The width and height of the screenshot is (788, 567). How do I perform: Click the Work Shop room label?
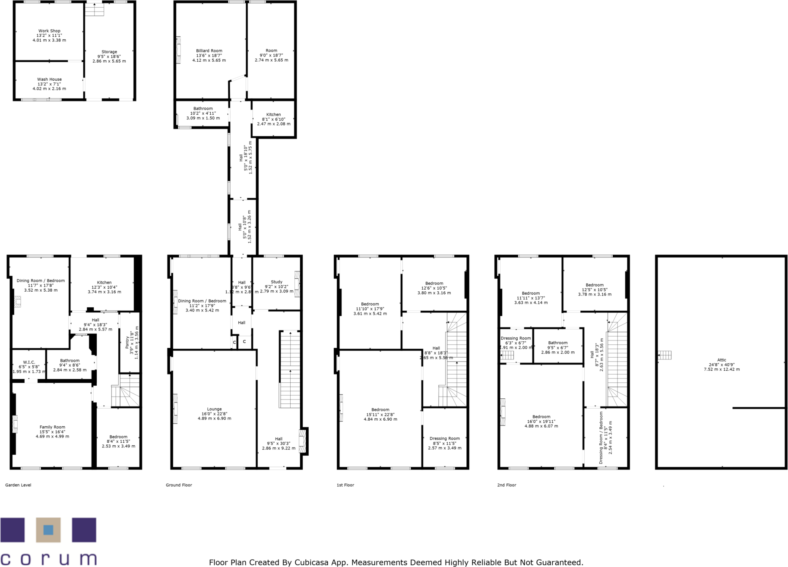(x=49, y=31)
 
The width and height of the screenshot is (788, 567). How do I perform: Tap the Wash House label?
(x=49, y=79)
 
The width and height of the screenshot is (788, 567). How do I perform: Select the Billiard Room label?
(x=209, y=51)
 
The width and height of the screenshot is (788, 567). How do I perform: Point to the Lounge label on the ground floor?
(x=214, y=409)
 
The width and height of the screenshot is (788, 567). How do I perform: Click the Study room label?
(x=276, y=282)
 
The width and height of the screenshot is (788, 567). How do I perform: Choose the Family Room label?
(x=52, y=427)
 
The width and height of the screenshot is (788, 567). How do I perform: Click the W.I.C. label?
(x=29, y=362)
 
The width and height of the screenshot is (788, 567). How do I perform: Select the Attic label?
(x=722, y=360)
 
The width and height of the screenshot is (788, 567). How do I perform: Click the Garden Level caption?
(x=18, y=485)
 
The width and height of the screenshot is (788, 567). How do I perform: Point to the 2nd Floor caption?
(x=506, y=485)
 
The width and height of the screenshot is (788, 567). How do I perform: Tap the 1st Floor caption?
(x=345, y=485)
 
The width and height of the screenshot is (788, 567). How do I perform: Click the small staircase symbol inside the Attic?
(x=665, y=355)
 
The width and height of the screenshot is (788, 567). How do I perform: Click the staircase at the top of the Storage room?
(x=94, y=9)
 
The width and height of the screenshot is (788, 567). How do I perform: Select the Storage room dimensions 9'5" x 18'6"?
(x=109, y=57)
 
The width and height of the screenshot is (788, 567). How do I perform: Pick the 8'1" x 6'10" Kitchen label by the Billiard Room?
(x=273, y=119)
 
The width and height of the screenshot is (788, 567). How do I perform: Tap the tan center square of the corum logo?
(x=48, y=530)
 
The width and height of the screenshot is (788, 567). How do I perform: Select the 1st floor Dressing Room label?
(x=444, y=438)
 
